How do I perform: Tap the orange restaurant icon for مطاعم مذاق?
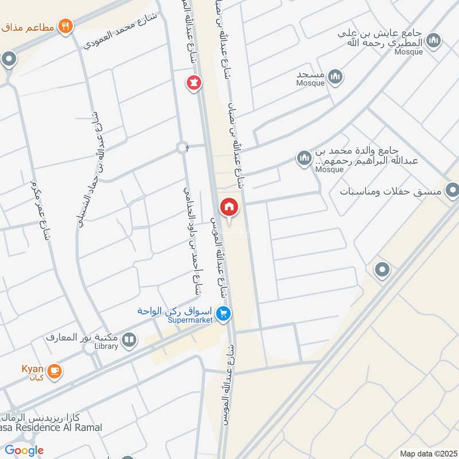coord(66,26)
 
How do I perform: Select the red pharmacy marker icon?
coord(193,83)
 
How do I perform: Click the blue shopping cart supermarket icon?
coord(224,313)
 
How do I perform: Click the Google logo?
coord(24,450)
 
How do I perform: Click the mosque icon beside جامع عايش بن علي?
coord(434,40)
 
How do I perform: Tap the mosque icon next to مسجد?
coord(336,76)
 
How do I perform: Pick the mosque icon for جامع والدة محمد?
coord(303,157)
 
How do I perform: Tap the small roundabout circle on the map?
coord(183,147)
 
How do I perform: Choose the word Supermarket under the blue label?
coord(191,320)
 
